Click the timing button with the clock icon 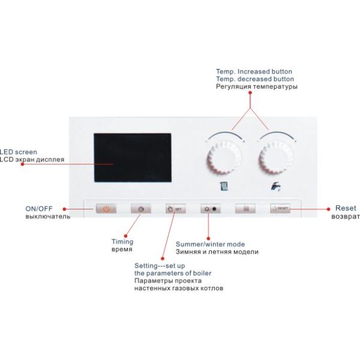(141, 209)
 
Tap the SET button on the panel (176, 209)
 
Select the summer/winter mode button (211, 209)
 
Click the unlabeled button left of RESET (245, 209)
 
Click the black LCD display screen (132, 158)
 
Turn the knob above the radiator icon (225, 159)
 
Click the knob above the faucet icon (277, 159)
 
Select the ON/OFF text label (39, 209)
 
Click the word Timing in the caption (122, 242)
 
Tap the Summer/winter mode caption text (210, 245)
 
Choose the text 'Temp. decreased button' (255, 79)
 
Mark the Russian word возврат (346, 216)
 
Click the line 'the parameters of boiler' (173, 274)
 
